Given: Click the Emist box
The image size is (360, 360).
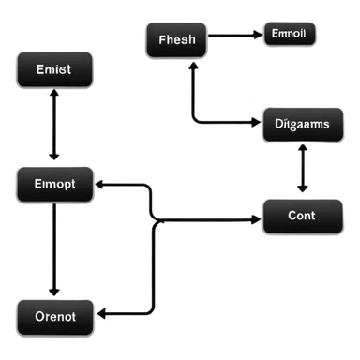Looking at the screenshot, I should point(55,70).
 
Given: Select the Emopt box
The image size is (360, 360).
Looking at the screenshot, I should point(55,186).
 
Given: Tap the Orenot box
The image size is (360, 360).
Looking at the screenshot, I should point(55,316).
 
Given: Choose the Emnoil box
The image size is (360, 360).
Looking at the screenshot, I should point(290,35).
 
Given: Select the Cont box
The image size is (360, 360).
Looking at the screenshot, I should point(301,217).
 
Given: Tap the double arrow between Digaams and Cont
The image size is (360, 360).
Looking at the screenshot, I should point(301,171).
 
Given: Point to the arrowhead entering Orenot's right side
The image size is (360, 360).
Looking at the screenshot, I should point(103,313).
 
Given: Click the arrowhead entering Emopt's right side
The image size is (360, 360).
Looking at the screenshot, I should point(102,186).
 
